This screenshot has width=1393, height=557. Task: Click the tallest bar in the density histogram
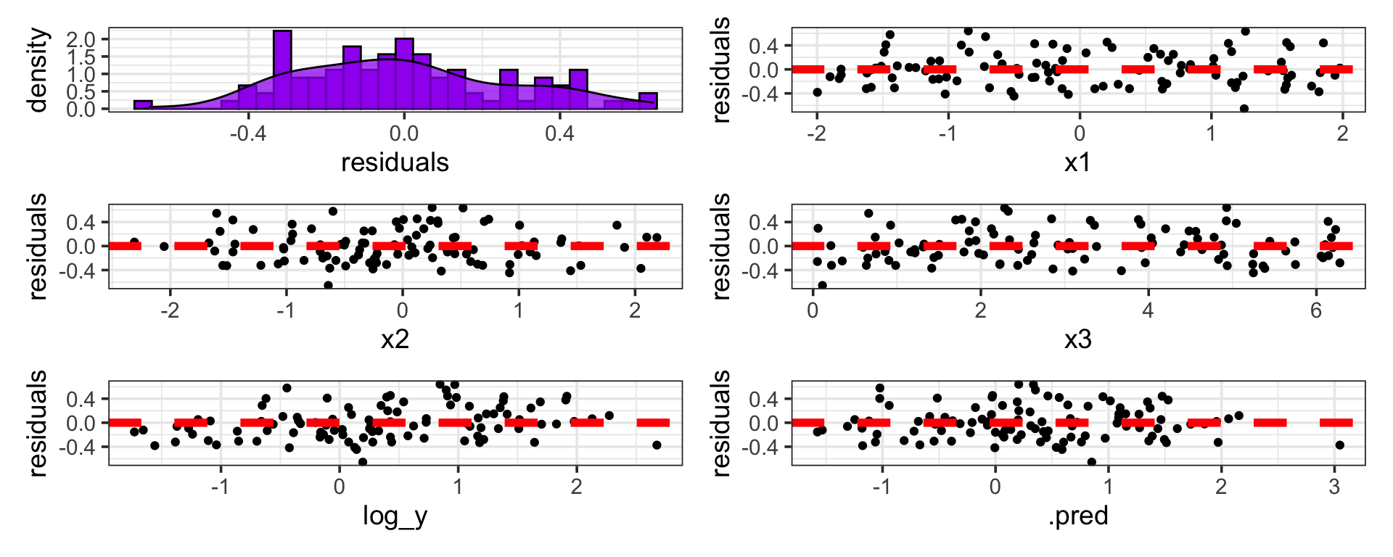click(283, 70)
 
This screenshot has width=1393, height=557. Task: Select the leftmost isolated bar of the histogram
click(143, 105)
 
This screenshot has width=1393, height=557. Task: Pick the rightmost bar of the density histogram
click(648, 101)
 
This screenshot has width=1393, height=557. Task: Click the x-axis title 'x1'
click(1078, 162)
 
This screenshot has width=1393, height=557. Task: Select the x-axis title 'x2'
click(395, 339)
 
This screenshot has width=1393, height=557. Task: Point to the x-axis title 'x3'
click(1078, 339)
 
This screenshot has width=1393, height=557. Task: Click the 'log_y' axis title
click(395, 516)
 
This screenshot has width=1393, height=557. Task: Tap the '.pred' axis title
click(1078, 516)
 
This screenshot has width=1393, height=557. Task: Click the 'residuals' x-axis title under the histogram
click(395, 162)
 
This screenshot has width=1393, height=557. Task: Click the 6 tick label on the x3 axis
click(1316, 310)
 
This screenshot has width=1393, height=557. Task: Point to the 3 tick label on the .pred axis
click(1334, 487)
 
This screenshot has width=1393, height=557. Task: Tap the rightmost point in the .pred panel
click(1339, 445)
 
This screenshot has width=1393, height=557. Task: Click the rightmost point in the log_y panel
click(657, 445)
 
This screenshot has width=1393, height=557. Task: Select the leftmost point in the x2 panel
click(134, 242)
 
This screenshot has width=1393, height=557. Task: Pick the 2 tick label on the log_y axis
click(576, 487)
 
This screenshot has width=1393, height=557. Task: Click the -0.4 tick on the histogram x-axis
click(248, 133)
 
